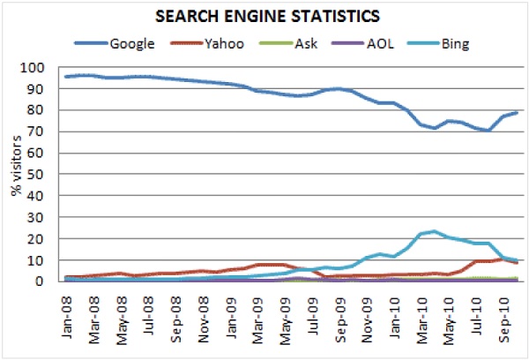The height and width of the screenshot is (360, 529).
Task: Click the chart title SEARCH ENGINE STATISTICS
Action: click(264, 16)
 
